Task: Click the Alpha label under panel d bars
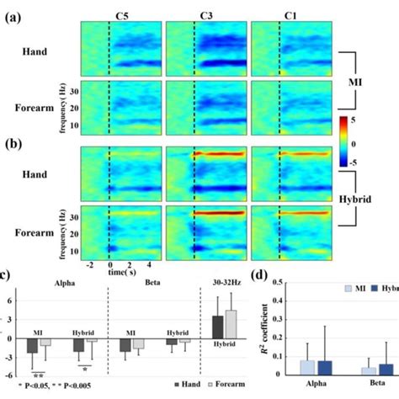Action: tap(317, 390)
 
